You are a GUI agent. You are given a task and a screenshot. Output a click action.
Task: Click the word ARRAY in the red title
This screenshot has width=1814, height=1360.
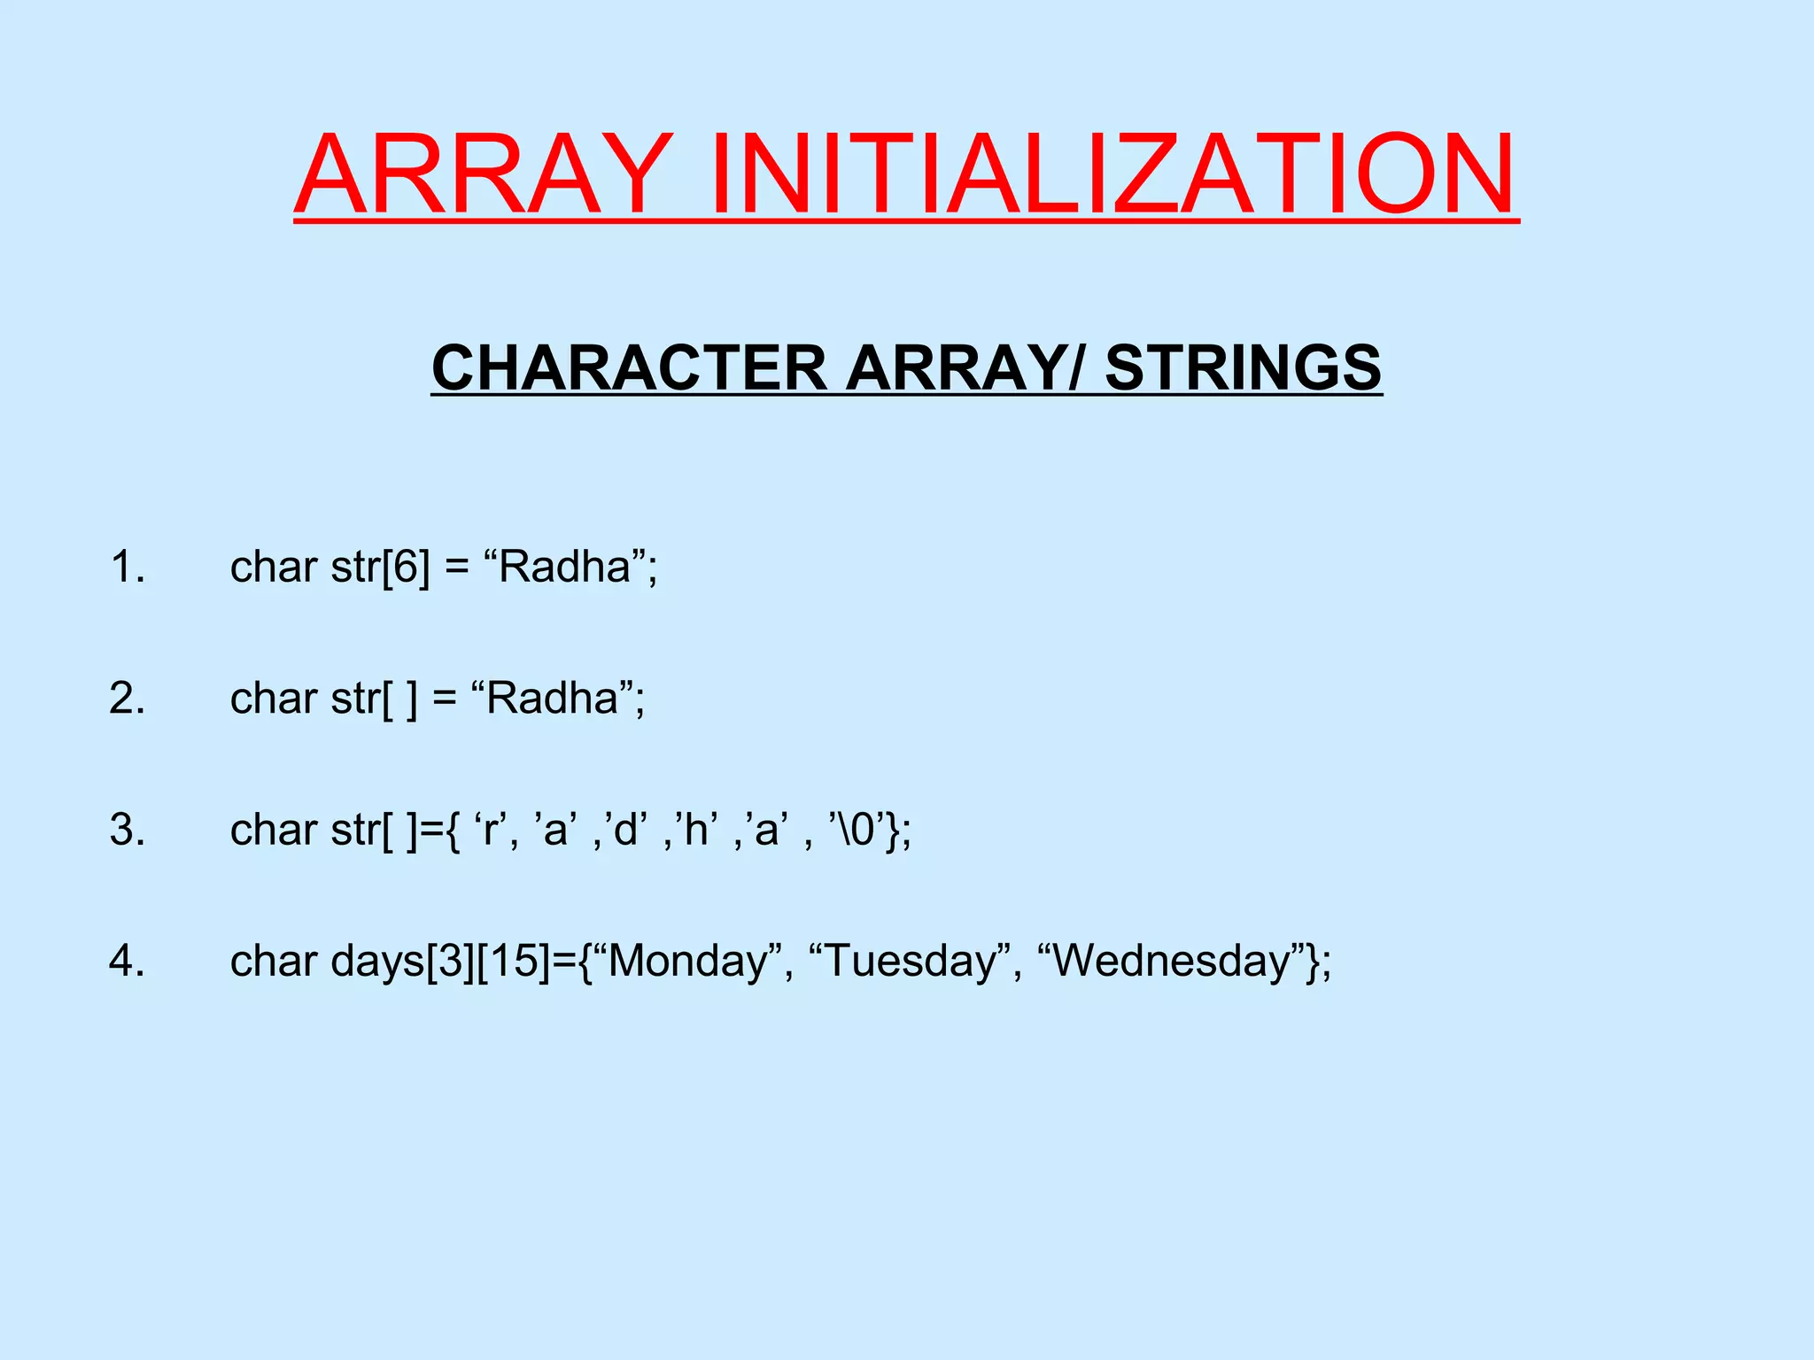pyautogui.click(x=483, y=174)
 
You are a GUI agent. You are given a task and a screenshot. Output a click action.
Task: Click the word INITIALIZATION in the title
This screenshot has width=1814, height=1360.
pyautogui.click(x=1112, y=174)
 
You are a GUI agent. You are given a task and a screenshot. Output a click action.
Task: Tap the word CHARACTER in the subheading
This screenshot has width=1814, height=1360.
pyautogui.click(x=628, y=367)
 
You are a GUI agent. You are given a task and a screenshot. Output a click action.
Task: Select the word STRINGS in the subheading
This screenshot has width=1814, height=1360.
pyautogui.click(x=1243, y=367)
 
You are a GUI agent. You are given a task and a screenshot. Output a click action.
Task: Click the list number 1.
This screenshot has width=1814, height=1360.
pyautogui.click(x=128, y=567)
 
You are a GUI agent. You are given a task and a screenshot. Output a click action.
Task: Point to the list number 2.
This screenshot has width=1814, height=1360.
pyautogui.click(x=128, y=699)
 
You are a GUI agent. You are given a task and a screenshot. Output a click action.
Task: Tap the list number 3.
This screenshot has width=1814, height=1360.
pyautogui.click(x=128, y=831)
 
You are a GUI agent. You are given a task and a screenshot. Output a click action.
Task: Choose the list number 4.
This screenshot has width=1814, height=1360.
pyautogui.click(x=128, y=962)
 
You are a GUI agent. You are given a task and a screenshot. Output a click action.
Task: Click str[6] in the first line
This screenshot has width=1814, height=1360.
pyautogui.click(x=381, y=567)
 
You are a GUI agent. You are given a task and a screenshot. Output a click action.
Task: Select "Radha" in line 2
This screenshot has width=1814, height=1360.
pyautogui.click(x=553, y=699)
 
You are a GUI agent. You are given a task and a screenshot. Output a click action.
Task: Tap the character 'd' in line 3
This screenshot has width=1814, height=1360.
pyautogui.click(x=625, y=831)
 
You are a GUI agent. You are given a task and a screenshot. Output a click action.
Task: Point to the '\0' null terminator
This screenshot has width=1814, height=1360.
pyautogui.click(x=856, y=831)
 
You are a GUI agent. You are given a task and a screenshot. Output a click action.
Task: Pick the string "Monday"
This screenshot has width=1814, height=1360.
pyautogui.click(x=690, y=962)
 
